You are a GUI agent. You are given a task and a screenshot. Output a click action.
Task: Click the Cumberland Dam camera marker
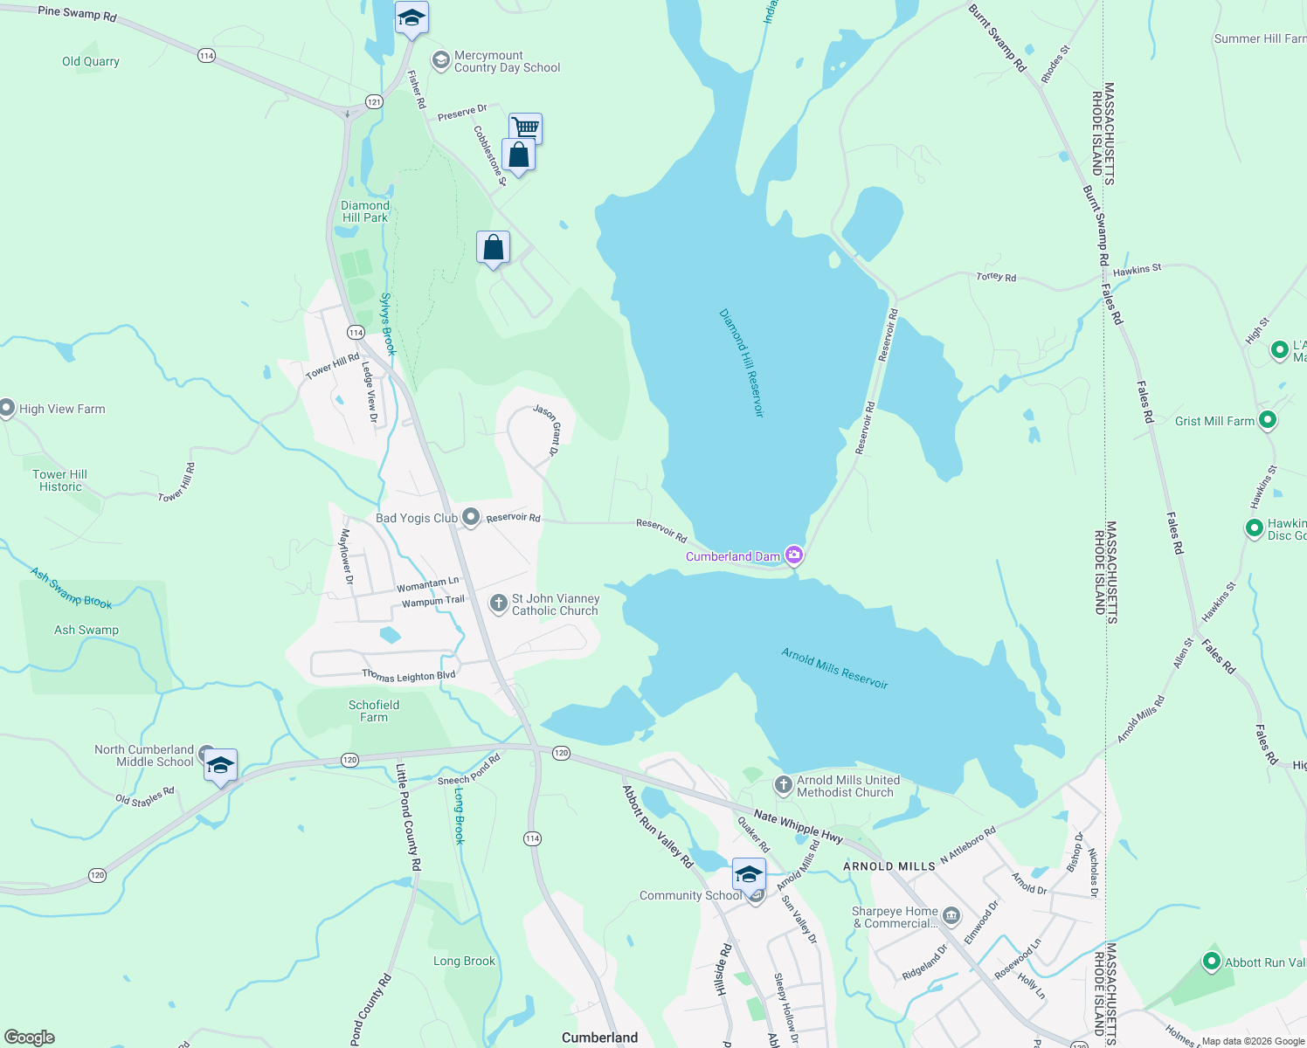(x=794, y=555)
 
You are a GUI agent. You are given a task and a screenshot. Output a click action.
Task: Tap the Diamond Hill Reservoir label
(x=742, y=362)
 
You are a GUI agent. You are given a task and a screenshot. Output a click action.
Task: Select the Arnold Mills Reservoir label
(x=834, y=668)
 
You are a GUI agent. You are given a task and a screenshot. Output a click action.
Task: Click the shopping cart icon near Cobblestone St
(x=525, y=128)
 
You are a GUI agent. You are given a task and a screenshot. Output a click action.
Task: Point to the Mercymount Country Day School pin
(x=441, y=60)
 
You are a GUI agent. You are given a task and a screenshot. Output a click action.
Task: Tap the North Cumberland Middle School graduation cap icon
(x=220, y=766)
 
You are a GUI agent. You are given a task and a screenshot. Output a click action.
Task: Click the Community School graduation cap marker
(x=749, y=873)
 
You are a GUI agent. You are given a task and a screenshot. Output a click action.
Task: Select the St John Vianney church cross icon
(x=498, y=603)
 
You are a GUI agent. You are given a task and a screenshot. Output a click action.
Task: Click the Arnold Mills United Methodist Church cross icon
(x=783, y=785)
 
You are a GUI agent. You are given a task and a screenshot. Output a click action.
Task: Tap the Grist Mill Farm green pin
(x=1268, y=420)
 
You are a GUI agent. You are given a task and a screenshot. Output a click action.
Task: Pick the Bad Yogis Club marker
(x=471, y=517)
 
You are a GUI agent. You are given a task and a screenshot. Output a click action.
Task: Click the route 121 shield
(x=374, y=102)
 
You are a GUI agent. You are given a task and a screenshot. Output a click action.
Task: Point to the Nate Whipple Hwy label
(x=798, y=826)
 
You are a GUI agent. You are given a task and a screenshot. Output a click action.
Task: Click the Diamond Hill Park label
(x=365, y=211)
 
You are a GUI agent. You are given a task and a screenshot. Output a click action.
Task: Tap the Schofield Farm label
(x=374, y=711)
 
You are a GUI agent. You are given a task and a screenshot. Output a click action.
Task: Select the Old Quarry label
(x=90, y=61)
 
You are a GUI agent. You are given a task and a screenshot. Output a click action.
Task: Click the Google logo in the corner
(x=29, y=1037)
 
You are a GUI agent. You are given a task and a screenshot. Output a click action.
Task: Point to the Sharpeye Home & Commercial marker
(x=951, y=916)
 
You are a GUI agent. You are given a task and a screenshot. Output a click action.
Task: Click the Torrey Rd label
(x=996, y=277)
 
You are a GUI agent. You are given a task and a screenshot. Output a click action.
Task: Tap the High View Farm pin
(x=7, y=408)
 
